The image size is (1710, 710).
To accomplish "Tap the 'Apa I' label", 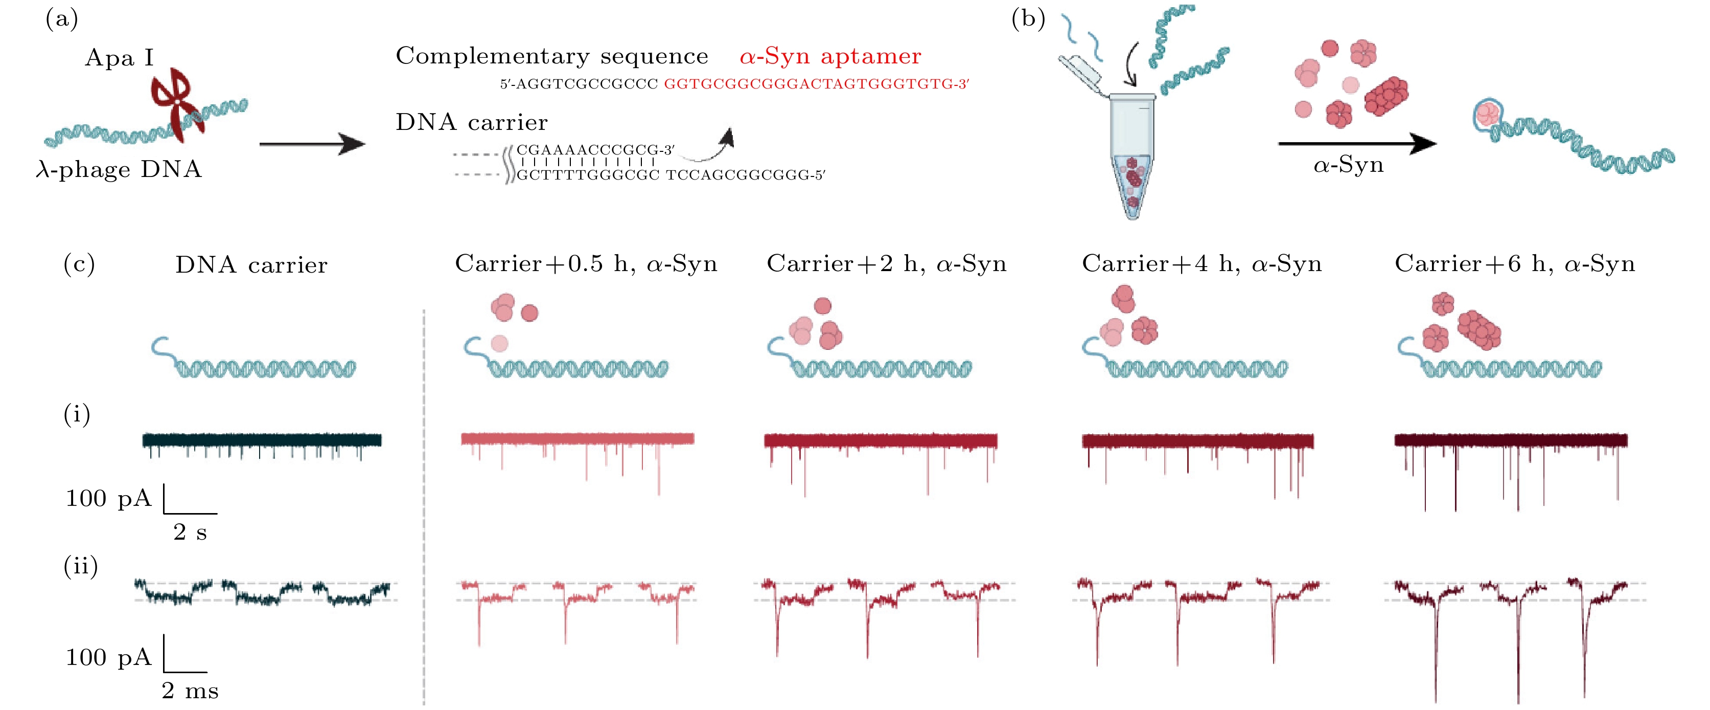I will click(x=120, y=58).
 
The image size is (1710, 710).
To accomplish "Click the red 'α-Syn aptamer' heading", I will click(x=830, y=56).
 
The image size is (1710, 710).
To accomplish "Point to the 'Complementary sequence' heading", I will click(x=551, y=56).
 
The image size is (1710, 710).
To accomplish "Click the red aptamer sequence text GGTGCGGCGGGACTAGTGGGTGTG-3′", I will click(x=817, y=84).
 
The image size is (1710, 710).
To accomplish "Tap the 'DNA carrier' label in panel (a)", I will click(x=471, y=123).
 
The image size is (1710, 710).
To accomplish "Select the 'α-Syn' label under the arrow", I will click(x=1348, y=165).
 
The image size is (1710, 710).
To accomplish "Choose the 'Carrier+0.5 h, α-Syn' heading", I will click(x=586, y=264).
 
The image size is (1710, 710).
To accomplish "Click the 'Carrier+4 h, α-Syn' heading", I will click(x=1201, y=264).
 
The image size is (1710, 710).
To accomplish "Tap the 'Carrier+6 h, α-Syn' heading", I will click(x=1514, y=264).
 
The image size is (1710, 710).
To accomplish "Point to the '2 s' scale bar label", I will click(x=190, y=532).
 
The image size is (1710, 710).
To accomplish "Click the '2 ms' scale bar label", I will click(x=190, y=691).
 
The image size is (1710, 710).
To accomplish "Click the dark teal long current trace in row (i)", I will click(x=262, y=440).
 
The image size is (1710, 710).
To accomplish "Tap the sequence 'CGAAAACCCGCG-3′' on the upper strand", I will click(x=595, y=150).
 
